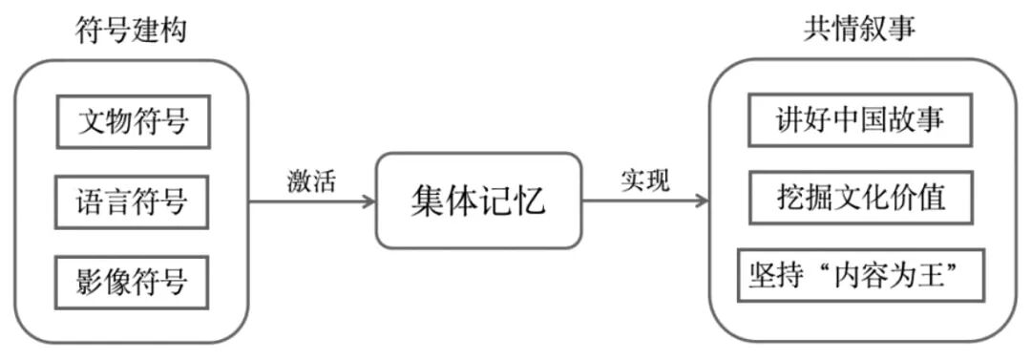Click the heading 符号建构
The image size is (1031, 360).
(x=132, y=31)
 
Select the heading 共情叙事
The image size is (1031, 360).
(x=859, y=29)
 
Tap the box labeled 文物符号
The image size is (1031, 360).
(x=134, y=122)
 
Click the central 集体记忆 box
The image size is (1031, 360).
(x=478, y=201)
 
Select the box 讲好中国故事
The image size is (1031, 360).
(x=860, y=119)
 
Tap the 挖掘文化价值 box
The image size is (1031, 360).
(x=860, y=198)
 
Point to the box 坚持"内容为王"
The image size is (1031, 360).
(x=861, y=275)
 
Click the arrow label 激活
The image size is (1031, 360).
(x=311, y=181)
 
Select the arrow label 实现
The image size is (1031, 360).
(x=645, y=180)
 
